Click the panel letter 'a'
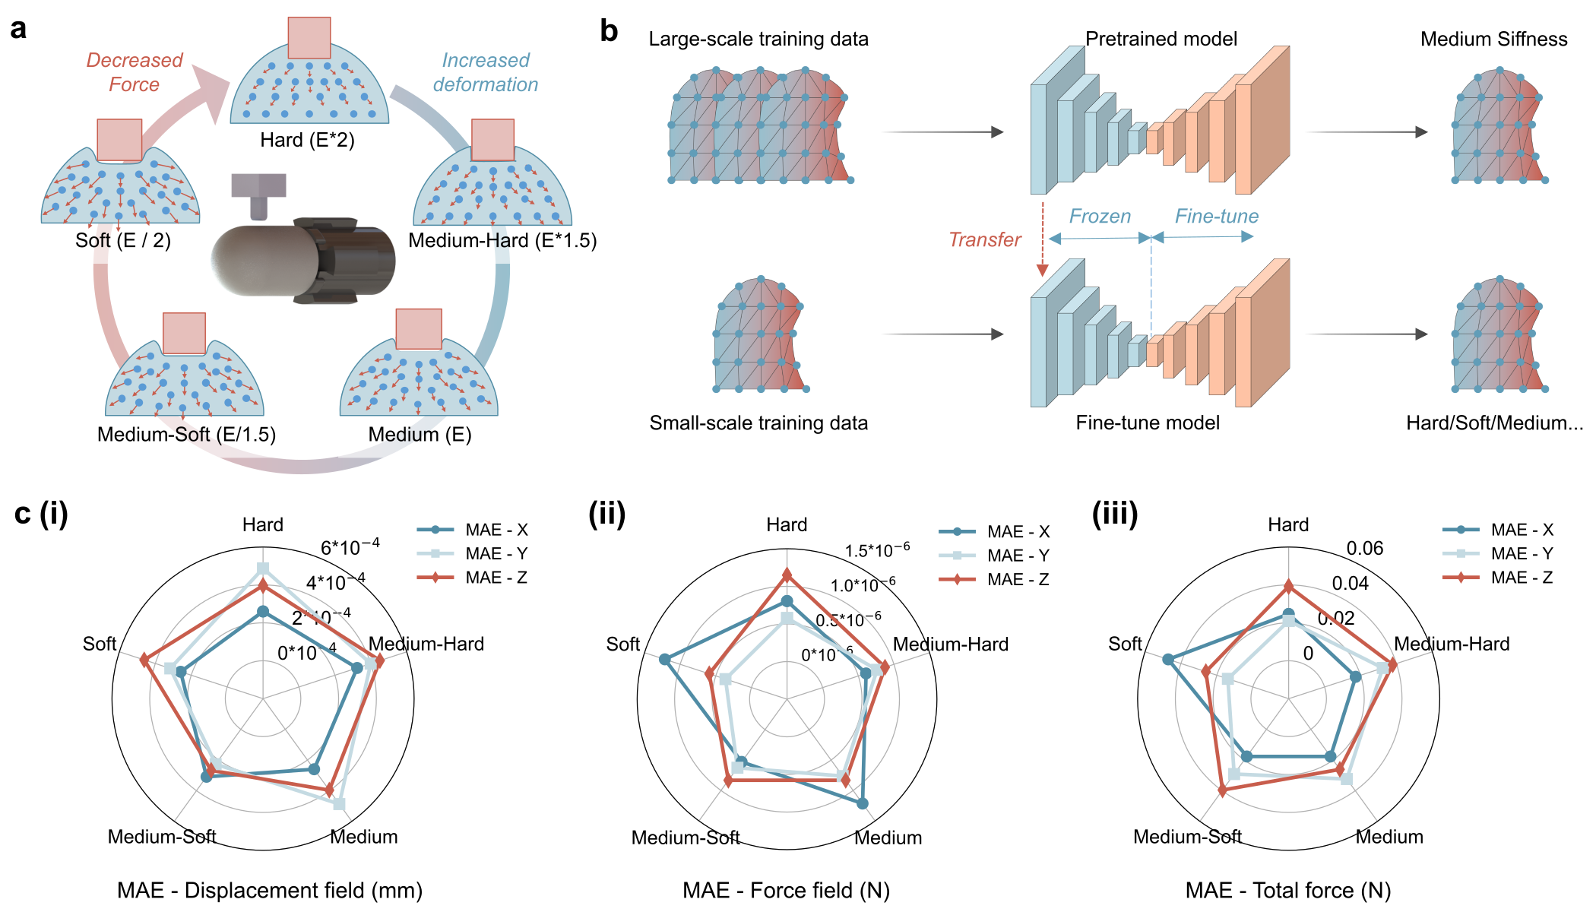point(18,29)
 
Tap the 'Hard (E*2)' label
point(307,140)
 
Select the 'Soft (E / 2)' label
point(122,240)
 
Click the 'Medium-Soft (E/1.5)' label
point(186,434)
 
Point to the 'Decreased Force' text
point(134,72)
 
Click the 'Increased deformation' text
point(486,72)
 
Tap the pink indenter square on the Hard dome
point(309,38)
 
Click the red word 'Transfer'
point(984,240)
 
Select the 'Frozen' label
point(1100,217)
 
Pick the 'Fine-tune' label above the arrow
point(1216,217)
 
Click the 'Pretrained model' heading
point(1161,39)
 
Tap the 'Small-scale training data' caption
point(758,423)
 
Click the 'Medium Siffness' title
point(1493,40)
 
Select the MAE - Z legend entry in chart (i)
point(472,578)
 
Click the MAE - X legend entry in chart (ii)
point(994,532)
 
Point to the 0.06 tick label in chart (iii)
point(1364,549)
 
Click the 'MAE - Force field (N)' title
point(786,890)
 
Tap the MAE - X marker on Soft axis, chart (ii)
point(665,659)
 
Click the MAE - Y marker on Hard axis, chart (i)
point(263,568)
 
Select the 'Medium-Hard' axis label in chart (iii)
point(1451,644)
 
